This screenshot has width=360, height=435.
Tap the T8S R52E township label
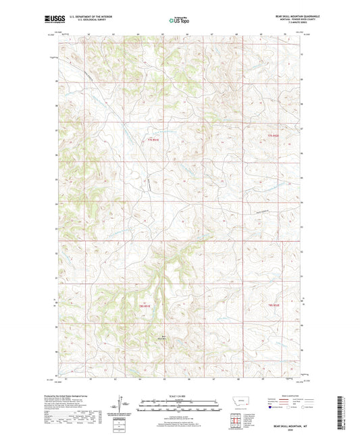pos(273,306)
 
